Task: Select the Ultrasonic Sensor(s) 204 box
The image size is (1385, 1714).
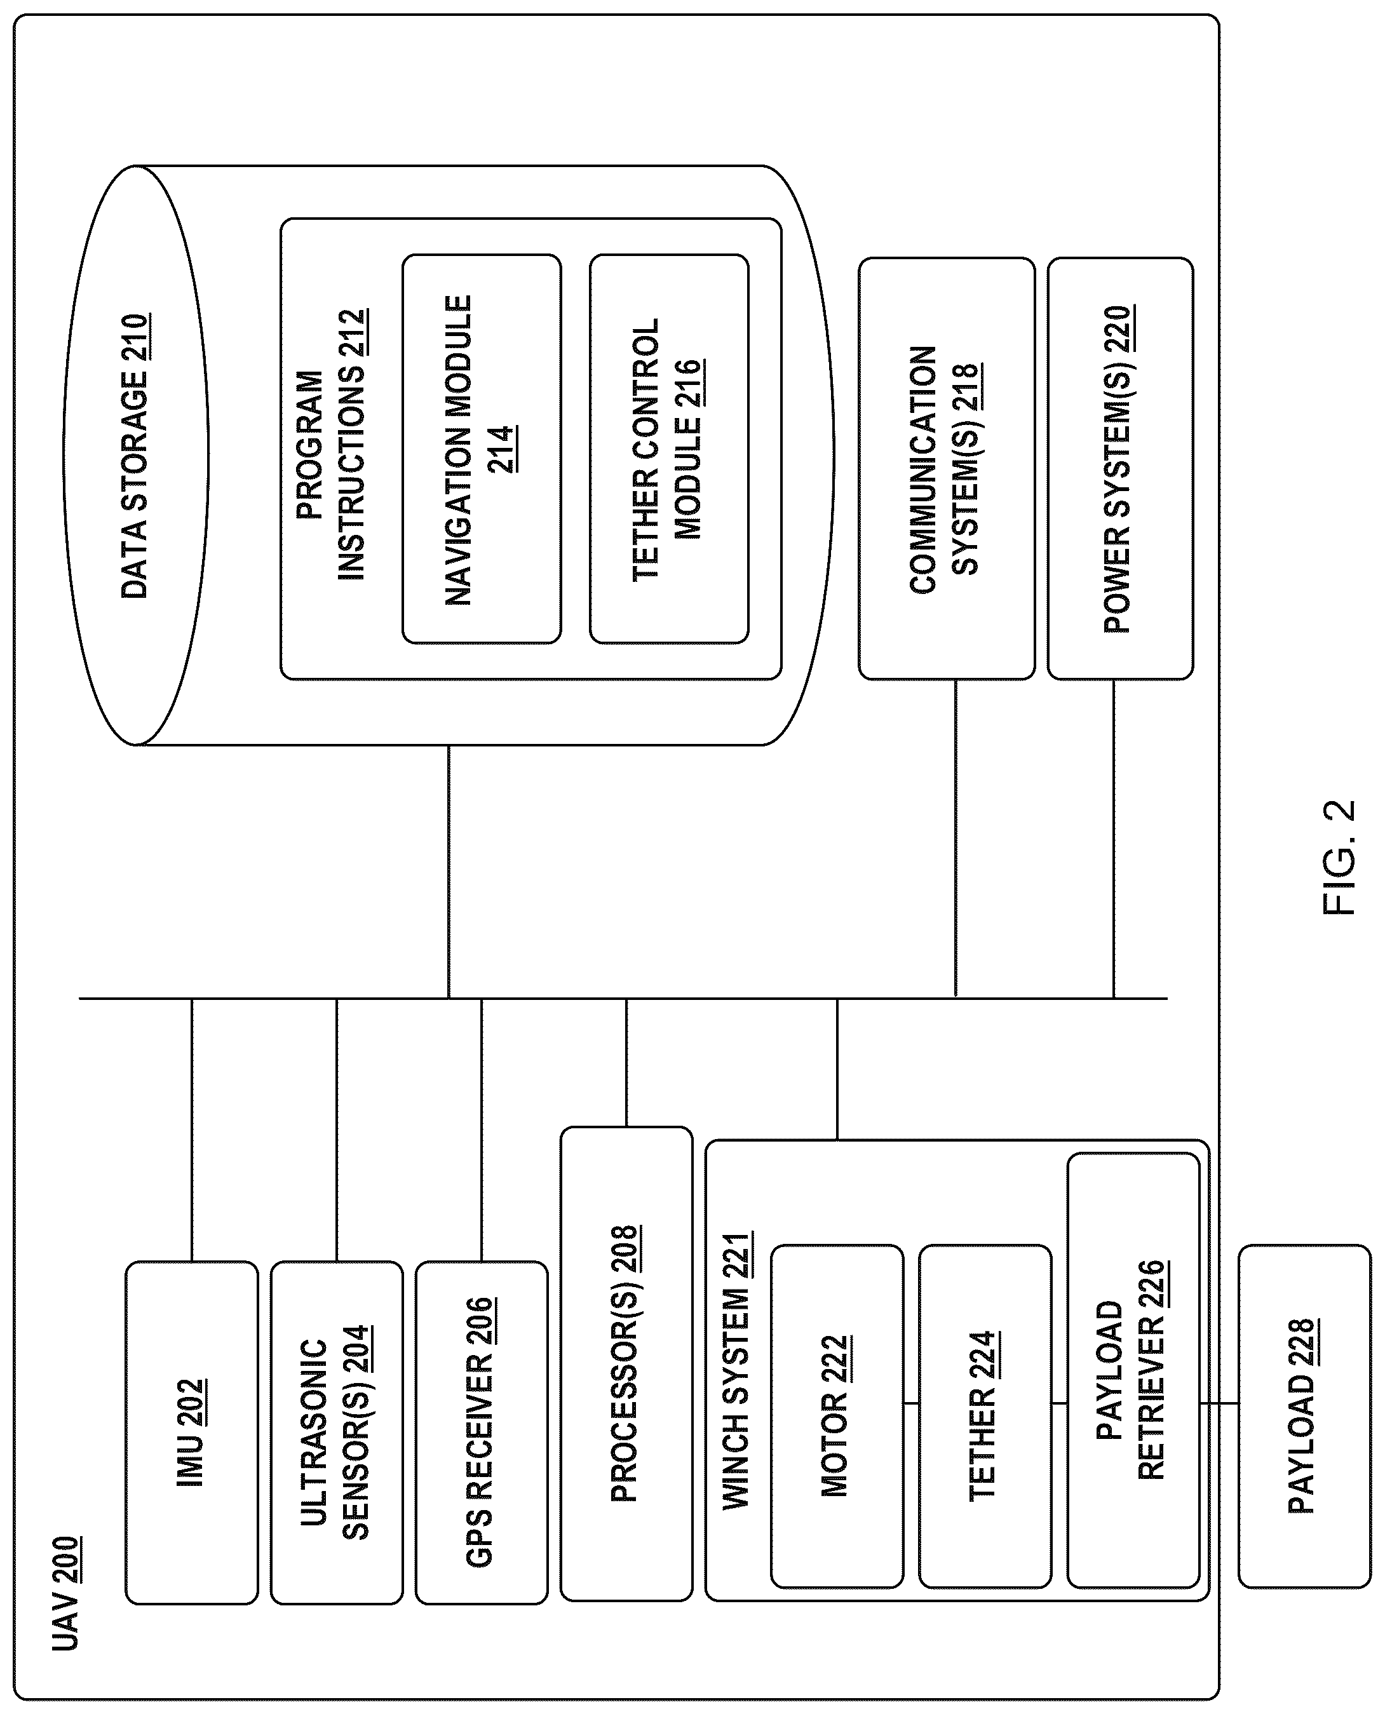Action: coord(337,1432)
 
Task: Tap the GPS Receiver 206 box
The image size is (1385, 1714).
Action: coord(482,1432)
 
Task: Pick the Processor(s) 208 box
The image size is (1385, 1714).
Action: coord(626,1364)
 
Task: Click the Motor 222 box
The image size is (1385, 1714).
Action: coord(837,1415)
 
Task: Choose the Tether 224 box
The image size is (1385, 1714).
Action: coord(985,1415)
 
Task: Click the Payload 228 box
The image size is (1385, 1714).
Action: coord(1304,1415)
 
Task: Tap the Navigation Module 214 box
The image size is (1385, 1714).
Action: coord(482,449)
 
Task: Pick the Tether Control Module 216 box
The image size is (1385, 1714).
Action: coord(670,449)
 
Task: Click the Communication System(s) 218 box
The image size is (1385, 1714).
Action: coord(947,469)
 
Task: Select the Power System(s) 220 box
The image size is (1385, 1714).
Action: coord(1121,469)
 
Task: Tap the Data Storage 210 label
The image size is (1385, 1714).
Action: coord(135,456)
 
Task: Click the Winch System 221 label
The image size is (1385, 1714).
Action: coord(737,1370)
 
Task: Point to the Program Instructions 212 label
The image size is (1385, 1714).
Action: coord(330,444)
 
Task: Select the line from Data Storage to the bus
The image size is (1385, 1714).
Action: coord(449,872)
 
